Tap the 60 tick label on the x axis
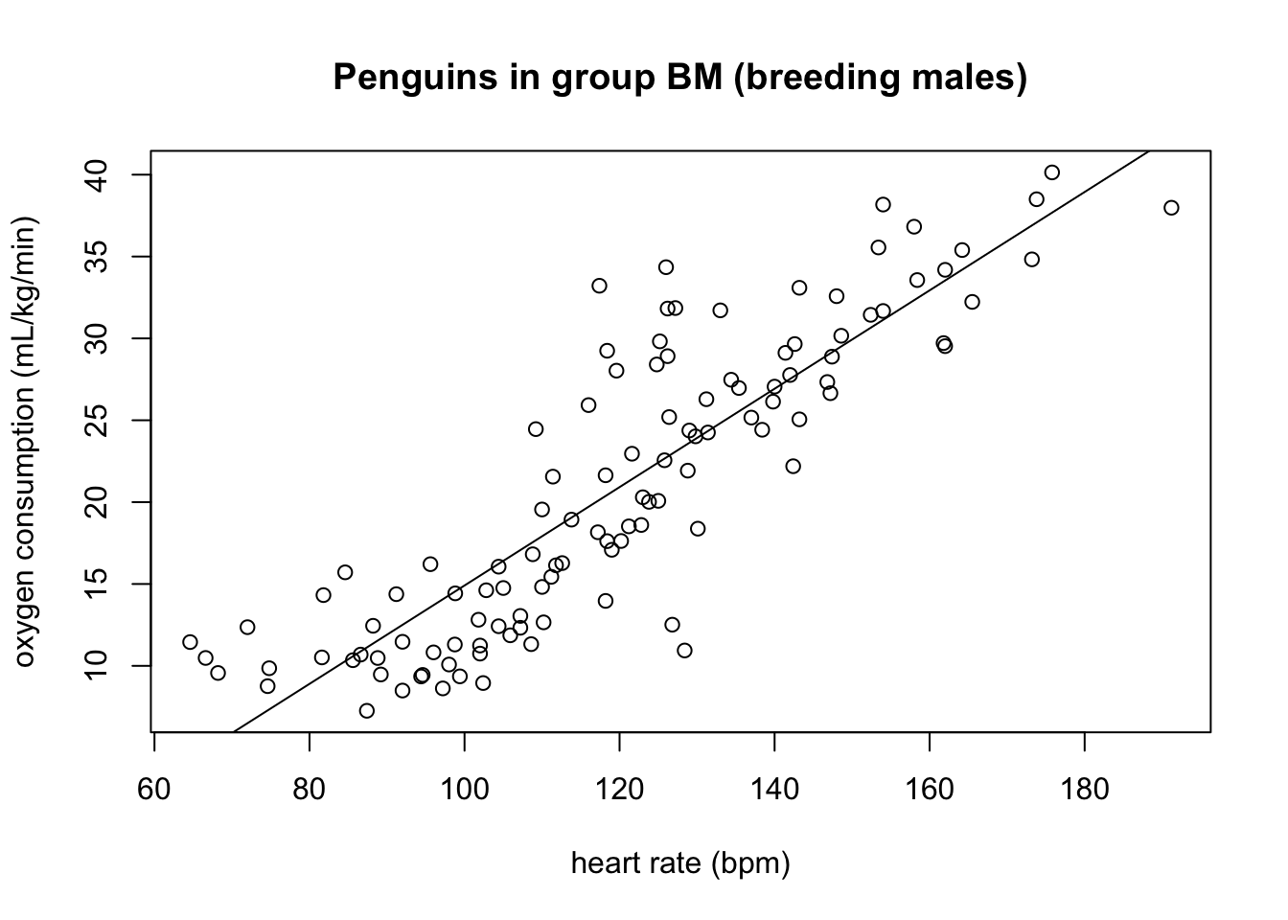coord(154,789)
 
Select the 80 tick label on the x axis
coord(309,789)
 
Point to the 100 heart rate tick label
coord(464,789)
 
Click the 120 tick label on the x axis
coord(619,789)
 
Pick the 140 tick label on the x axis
coord(774,789)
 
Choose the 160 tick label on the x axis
coord(929,789)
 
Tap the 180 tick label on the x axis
coord(1084,789)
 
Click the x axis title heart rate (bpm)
coord(680,863)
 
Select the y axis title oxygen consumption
coord(26,442)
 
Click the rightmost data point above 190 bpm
coord(1171,208)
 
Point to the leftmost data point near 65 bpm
coord(190,642)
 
